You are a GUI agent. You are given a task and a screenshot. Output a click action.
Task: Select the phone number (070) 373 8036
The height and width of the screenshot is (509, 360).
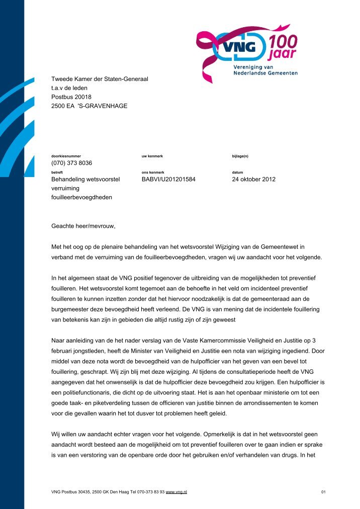tap(72, 163)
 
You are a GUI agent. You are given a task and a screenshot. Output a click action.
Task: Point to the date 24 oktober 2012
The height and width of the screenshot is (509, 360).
tap(253, 179)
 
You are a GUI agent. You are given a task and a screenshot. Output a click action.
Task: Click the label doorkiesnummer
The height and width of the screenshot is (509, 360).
tap(66, 156)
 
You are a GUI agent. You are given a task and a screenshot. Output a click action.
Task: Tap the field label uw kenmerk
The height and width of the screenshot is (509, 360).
tap(152, 156)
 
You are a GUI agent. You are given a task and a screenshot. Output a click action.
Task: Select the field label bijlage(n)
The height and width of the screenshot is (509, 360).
tap(240, 156)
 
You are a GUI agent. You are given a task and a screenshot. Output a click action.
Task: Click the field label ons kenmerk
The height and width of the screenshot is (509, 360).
tap(153, 172)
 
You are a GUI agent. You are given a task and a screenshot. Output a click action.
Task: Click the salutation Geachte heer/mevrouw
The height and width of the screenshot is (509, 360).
tap(83, 225)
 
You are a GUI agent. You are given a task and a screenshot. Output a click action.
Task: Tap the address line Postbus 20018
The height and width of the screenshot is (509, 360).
tap(72, 97)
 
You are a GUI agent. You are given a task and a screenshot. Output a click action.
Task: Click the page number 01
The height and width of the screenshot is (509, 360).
tap(323, 491)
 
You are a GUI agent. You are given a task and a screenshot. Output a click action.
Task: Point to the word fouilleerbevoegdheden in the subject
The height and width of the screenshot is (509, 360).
tap(82, 197)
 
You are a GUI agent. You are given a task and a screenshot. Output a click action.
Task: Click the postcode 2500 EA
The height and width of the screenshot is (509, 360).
tap(62, 106)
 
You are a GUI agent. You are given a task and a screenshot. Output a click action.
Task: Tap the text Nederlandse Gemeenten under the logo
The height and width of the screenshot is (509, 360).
tap(265, 73)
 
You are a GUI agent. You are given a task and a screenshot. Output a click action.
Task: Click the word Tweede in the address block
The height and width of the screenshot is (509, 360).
tap(62, 78)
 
